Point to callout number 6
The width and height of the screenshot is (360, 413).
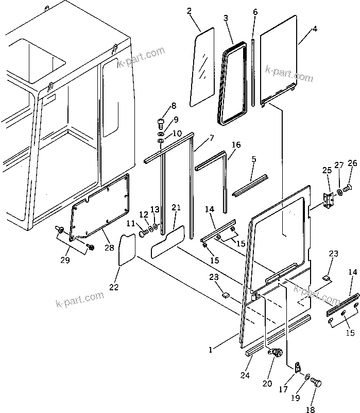[x=255, y=11]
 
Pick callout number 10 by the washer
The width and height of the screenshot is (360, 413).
[x=178, y=134]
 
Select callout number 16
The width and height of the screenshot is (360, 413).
[x=235, y=145]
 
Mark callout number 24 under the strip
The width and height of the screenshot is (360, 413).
[x=245, y=375]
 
